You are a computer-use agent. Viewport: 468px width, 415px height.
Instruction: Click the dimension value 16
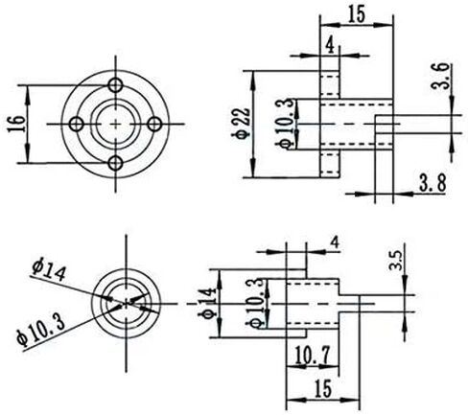16,124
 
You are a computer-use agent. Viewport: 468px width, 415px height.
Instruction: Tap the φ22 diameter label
242,123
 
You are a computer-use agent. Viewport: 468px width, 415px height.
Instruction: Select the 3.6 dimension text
440,77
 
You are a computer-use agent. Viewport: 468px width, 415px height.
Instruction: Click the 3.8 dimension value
433,183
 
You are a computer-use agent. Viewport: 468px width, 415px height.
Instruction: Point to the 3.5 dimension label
395,260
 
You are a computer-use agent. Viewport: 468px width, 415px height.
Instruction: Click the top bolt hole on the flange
115,85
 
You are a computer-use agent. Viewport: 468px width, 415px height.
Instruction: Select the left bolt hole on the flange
77,124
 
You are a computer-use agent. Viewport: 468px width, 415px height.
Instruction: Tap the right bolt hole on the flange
155,124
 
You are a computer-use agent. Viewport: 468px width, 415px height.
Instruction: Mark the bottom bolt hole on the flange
115,163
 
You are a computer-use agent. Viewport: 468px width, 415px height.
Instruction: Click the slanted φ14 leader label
49,271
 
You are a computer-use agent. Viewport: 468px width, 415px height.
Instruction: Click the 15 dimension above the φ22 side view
357,14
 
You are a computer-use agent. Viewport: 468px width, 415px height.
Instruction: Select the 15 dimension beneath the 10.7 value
323,389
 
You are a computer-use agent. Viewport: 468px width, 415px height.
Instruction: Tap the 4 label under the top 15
330,46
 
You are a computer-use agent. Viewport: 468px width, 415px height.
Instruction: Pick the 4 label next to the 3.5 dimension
335,243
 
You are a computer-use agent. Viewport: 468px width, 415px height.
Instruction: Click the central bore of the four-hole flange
115,124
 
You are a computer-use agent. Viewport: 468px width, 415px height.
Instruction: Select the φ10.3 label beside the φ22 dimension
285,124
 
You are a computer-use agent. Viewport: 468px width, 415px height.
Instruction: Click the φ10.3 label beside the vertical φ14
255,303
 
